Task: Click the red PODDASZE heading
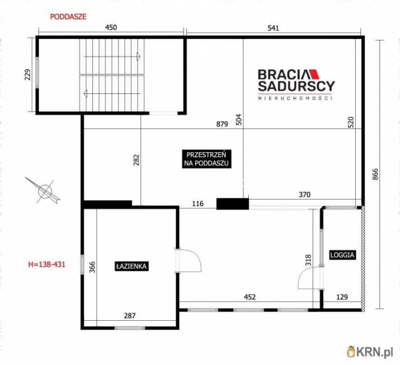pos(68,17)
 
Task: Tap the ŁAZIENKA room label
pos(131,266)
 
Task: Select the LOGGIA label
pos(342,255)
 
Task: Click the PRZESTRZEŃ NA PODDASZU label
pos(206,159)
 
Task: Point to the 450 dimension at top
pos(111,28)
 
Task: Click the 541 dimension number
pos(273,28)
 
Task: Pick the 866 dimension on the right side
pos(375,174)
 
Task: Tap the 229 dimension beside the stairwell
pos(28,75)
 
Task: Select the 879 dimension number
pos(222,124)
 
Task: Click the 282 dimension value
pos(136,160)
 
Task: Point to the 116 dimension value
pos(198,204)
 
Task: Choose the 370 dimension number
pos(304,195)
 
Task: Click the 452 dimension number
pos(250,297)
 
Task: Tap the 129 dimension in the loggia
pos(342,297)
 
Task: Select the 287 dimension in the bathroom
pos(130,316)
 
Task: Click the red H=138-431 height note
pos(46,265)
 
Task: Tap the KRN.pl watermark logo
pos(370,352)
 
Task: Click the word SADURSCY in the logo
pos(296,86)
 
